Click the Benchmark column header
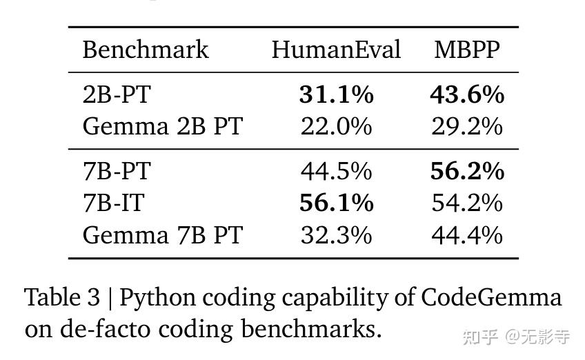145,50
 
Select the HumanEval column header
336,50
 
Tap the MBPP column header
467,50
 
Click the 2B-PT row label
116,94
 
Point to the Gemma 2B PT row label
162,126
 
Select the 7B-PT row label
116,171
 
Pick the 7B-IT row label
114,203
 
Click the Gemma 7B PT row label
162,235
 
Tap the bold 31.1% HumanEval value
336,94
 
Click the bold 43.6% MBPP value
467,94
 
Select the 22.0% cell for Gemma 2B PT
336,126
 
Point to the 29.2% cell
467,126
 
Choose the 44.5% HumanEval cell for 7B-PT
336,171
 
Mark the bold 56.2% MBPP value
467,171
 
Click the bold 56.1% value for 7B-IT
336,203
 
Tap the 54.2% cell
467,203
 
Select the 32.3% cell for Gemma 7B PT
336,235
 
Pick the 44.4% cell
467,235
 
